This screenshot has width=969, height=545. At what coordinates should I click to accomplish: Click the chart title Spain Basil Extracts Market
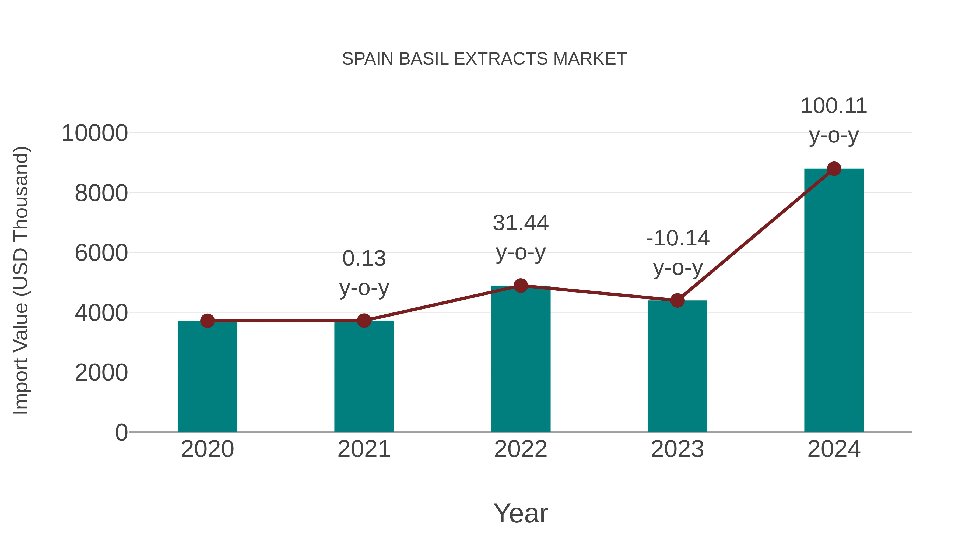484,59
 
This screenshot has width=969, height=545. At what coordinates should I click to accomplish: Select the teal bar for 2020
207,376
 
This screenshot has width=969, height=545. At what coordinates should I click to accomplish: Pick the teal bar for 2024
834,301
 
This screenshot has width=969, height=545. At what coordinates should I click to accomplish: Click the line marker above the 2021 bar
364,321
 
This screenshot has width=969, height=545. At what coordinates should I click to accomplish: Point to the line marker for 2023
677,300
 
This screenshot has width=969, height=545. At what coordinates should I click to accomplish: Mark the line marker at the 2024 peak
834,169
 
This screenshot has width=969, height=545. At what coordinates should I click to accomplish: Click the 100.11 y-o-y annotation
834,120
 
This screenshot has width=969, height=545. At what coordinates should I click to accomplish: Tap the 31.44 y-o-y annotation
521,237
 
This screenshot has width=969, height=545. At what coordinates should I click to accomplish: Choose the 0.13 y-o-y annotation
364,273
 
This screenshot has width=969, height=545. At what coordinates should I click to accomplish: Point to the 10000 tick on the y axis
95,133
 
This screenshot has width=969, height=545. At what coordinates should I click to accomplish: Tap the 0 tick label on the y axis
121,432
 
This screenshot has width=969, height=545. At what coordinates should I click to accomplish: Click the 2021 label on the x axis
364,449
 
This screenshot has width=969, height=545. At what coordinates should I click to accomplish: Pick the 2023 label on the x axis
677,449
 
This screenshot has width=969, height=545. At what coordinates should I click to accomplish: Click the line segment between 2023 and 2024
755,235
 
